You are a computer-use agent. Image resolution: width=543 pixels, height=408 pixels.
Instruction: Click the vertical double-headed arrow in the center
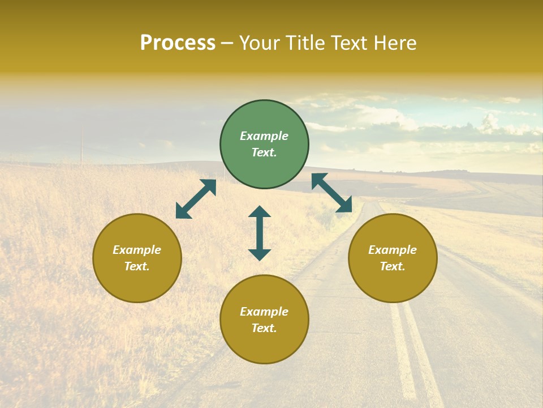(x=260, y=233)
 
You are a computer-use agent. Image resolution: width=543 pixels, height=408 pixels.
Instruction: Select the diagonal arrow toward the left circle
(x=196, y=199)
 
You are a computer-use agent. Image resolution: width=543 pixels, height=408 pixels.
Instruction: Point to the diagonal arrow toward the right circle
(x=332, y=193)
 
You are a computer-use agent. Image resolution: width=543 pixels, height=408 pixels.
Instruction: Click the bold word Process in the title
(x=178, y=43)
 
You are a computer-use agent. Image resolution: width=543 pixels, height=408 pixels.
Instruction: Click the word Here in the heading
(x=395, y=43)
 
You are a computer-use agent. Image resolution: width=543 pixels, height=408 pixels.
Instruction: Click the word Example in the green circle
(x=264, y=136)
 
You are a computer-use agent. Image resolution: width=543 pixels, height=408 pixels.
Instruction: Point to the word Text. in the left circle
(x=137, y=266)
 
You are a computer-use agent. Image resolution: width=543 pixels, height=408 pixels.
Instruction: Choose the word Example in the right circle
(x=393, y=250)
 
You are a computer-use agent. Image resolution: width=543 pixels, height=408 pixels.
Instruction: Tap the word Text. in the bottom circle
(x=264, y=328)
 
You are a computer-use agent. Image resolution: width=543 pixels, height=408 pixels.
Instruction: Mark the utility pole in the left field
(x=81, y=144)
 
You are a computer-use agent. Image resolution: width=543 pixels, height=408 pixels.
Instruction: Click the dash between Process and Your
(x=227, y=44)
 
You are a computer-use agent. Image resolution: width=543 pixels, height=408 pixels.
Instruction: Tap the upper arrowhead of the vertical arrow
(x=260, y=211)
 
